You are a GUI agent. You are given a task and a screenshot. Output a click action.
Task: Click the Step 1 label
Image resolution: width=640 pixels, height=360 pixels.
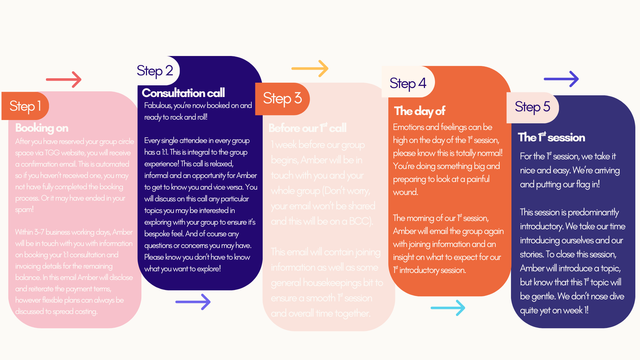pos(25,106)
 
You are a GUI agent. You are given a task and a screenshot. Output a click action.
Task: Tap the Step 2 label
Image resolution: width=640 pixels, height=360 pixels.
pos(155,71)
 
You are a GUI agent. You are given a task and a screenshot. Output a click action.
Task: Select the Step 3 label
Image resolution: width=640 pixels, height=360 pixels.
pos(282,98)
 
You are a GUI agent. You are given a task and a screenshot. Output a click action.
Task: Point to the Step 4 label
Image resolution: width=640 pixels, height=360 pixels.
pos(408,83)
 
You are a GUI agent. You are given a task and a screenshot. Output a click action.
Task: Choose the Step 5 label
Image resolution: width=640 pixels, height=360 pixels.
pos(532,107)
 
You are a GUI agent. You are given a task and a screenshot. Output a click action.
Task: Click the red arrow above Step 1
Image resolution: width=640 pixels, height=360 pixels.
pos(64,79)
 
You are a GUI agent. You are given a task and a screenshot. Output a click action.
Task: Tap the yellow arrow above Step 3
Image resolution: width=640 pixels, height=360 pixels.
pos(310,68)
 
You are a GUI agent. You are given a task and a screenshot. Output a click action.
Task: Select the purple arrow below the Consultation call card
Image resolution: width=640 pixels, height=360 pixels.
pos(193,302)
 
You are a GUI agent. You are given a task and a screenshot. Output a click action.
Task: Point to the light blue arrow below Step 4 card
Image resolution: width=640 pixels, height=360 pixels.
pos(448,308)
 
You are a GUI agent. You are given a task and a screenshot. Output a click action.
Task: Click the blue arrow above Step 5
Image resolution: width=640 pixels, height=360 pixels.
pos(561,79)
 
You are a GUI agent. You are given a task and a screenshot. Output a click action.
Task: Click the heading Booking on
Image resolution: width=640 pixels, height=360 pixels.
pos(42,128)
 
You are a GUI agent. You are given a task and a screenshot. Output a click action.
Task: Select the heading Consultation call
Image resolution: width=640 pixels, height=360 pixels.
pos(183,93)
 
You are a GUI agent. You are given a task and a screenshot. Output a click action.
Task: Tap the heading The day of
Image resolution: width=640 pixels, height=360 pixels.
pos(420,111)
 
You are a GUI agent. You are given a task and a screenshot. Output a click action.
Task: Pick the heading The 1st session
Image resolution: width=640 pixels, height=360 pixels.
pos(551,137)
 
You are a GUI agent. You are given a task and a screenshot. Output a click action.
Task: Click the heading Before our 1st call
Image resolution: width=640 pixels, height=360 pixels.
pos(307,128)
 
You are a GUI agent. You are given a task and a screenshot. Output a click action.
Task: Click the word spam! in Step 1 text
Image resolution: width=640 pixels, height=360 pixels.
pos(24,210)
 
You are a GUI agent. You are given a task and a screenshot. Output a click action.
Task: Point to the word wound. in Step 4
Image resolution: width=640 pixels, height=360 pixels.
pos(406,192)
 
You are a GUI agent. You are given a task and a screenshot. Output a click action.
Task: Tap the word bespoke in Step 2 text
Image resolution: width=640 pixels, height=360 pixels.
pos(157,234)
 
